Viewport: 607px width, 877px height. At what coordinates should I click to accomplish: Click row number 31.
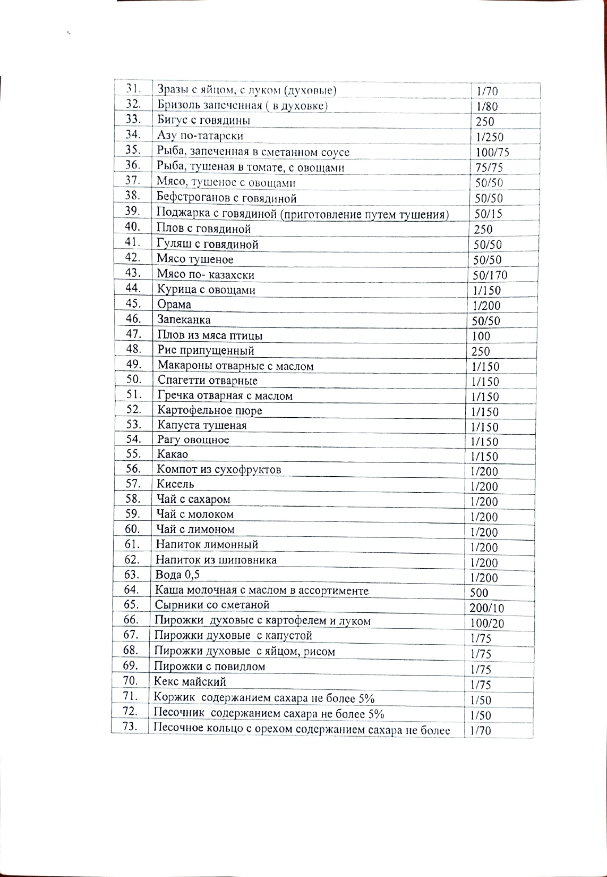133,89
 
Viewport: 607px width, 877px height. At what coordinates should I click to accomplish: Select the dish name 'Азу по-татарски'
200,136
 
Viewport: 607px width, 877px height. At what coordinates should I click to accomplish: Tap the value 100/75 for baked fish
492,153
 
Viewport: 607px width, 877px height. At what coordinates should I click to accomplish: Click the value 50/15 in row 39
488,214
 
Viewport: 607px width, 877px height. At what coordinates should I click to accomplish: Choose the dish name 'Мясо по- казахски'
206,275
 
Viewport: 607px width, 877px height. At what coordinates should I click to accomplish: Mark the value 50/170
490,275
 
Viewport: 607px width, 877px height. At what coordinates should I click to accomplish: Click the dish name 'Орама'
174,305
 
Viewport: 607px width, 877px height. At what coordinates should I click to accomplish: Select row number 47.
133,334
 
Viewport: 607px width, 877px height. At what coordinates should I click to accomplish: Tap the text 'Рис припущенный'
206,350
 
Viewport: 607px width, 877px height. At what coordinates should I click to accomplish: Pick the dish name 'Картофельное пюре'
209,411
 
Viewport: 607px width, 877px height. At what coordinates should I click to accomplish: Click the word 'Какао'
172,454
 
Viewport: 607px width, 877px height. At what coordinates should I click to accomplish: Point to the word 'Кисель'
175,484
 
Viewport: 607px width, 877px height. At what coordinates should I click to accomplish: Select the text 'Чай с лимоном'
195,529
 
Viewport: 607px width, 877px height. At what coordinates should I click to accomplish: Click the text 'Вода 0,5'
177,575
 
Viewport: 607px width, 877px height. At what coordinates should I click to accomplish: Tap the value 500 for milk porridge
479,593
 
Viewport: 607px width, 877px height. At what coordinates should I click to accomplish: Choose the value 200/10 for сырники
486,609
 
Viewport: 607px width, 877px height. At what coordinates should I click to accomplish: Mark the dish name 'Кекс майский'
190,681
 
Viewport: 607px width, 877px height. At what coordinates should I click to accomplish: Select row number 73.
130,727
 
